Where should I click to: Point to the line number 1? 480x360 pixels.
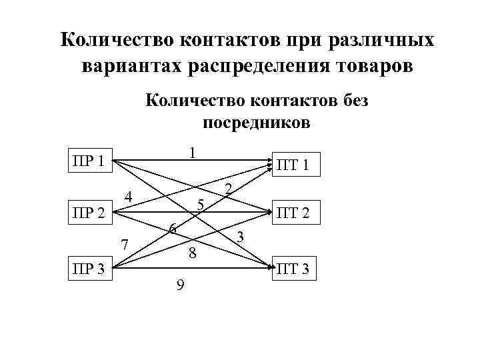[x=191, y=153]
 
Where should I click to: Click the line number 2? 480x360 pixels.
[x=228, y=190]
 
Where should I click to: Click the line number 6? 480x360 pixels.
[x=172, y=229]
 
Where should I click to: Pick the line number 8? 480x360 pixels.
[x=192, y=253]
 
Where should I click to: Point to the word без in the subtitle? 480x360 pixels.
[x=351, y=101]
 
